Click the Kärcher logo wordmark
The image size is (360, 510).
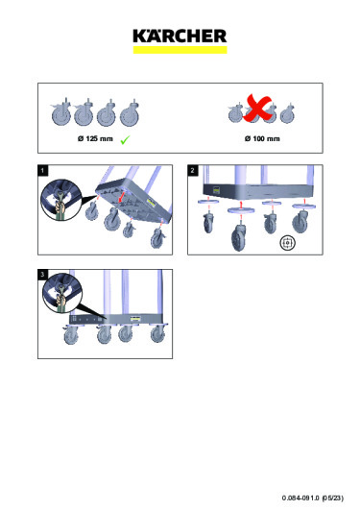(x=180, y=36)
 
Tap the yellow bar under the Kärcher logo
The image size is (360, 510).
(x=180, y=50)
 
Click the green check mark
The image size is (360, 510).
(x=125, y=140)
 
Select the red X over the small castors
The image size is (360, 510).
(x=257, y=109)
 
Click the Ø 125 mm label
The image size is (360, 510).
(x=95, y=139)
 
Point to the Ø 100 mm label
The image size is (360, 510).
(x=262, y=139)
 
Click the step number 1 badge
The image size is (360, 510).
(x=42, y=170)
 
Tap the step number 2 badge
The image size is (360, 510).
(x=193, y=170)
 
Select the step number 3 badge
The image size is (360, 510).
(x=42, y=275)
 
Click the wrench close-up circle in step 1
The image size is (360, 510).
(x=60, y=201)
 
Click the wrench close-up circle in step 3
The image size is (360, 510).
(x=62, y=293)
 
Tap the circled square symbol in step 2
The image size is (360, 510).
(x=288, y=243)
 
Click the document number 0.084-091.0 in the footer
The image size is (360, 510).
(x=300, y=498)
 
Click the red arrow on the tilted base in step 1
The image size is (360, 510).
(x=122, y=197)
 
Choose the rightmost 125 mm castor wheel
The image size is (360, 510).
(x=131, y=112)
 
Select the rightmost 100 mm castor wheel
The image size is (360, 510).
(x=287, y=113)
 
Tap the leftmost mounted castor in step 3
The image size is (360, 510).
(x=71, y=334)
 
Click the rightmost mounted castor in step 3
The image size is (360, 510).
(x=157, y=333)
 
